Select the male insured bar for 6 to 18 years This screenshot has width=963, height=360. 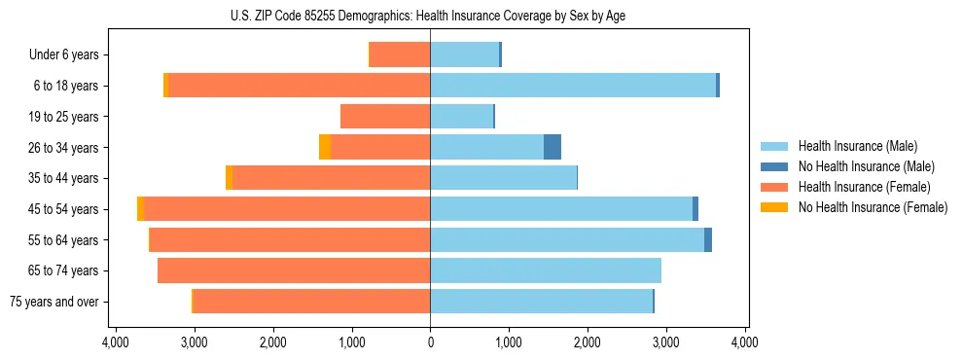point(573,86)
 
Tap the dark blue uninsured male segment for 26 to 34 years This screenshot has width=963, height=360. point(553,147)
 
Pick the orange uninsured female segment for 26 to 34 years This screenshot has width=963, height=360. point(325,147)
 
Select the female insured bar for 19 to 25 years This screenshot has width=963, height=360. point(385,117)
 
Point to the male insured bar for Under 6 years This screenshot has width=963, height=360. point(464,54)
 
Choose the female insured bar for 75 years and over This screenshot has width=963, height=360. point(311,302)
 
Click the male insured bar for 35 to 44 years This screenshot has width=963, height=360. point(503,178)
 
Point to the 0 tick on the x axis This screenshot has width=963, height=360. point(430,342)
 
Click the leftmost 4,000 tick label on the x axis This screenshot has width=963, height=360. point(116,342)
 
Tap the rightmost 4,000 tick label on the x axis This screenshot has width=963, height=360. point(744,342)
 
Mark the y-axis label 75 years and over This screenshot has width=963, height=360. point(54,302)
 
